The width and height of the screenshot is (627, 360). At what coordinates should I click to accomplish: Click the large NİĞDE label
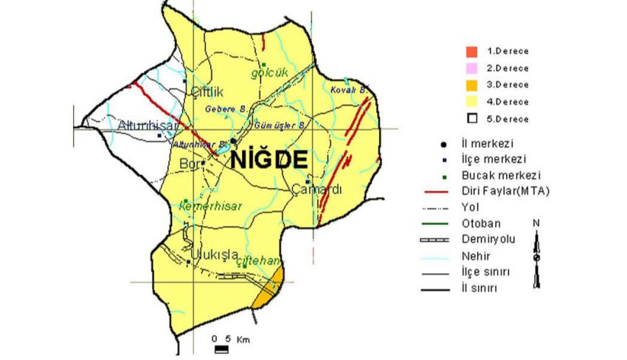click(x=269, y=160)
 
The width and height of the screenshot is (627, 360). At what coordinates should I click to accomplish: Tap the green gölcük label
click(x=268, y=74)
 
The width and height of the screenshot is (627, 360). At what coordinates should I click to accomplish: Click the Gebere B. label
click(x=225, y=108)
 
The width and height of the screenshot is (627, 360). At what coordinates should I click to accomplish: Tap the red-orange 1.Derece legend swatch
click(x=471, y=51)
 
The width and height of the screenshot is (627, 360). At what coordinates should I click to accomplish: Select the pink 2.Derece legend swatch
click(x=471, y=68)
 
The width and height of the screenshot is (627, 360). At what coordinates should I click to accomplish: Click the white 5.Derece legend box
click(x=471, y=117)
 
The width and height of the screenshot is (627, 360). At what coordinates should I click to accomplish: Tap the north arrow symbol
click(x=537, y=255)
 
